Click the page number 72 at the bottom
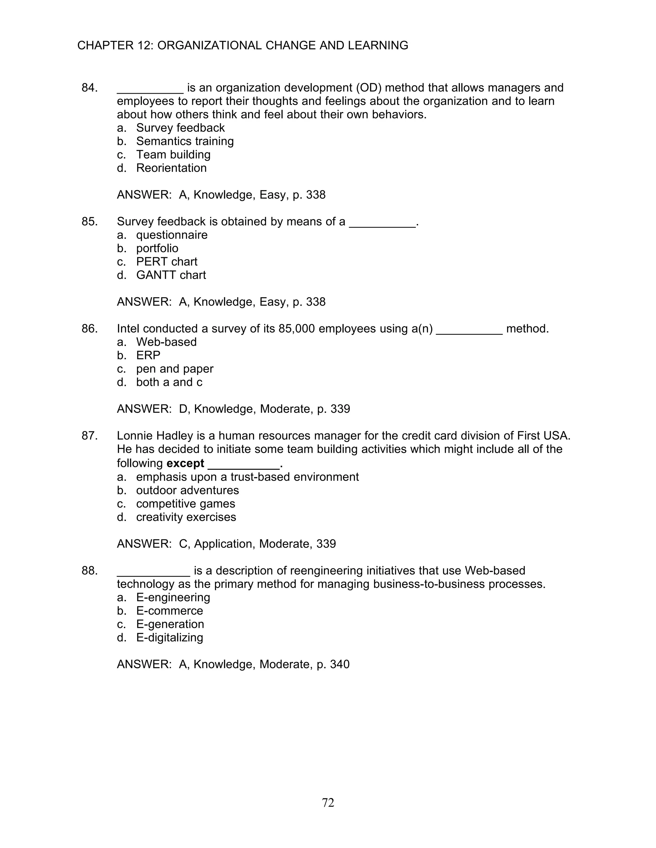pyautogui.click(x=328, y=803)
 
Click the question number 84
pyautogui.click(x=89, y=88)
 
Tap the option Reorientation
pyautogui.click(x=171, y=168)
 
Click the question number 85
pyautogui.click(x=89, y=221)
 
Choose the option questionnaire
pyautogui.click(x=171, y=235)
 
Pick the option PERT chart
pyautogui.click(x=166, y=261)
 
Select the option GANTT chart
pyautogui.click(x=171, y=275)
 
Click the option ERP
pyautogui.click(x=148, y=355)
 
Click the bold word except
pyautogui.click(x=185, y=463)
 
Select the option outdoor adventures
pyautogui.click(x=187, y=490)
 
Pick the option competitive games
pyautogui.click(x=185, y=504)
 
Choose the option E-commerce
pyautogui.click(x=169, y=611)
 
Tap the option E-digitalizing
pyautogui.click(x=169, y=637)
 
